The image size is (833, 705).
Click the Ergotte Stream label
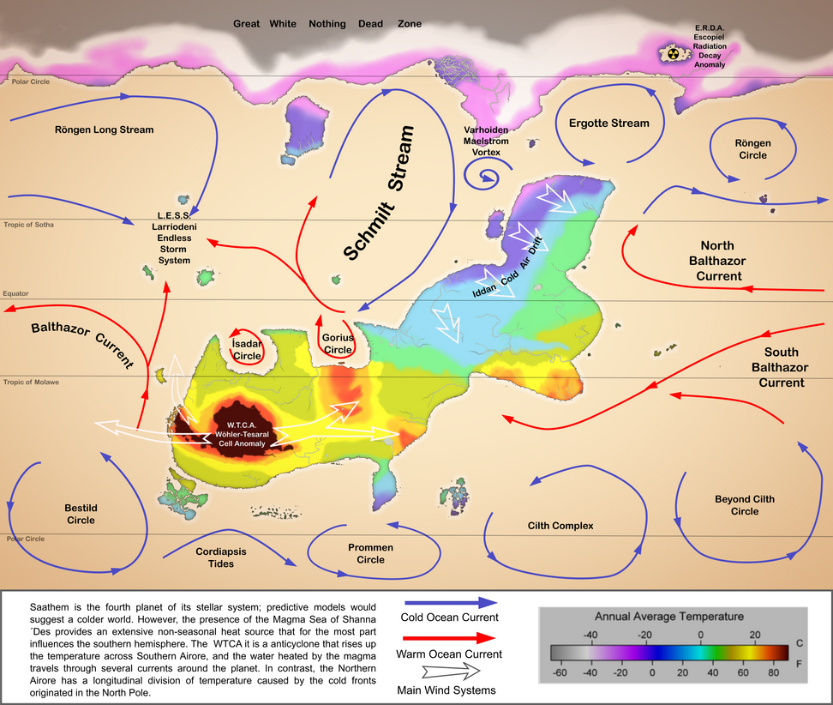point(609,123)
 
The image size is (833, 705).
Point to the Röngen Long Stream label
point(104,130)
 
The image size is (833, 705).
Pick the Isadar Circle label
point(247,349)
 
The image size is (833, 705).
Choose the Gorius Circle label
point(337,344)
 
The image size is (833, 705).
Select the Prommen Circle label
point(370,553)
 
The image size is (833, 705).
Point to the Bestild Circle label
point(81,514)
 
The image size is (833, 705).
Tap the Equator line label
point(15,293)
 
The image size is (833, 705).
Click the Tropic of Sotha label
point(28,225)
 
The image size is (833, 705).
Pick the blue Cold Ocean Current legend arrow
point(448,604)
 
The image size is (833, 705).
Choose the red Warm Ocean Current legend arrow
point(448,639)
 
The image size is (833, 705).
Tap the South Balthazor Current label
point(780,367)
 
